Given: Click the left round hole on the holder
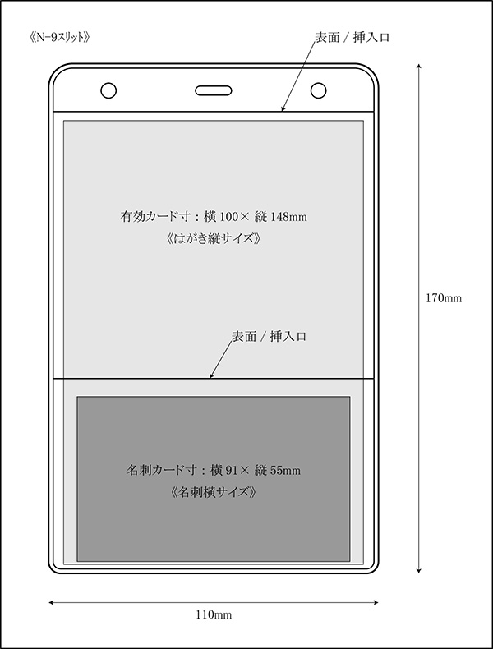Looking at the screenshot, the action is pyautogui.click(x=108, y=90).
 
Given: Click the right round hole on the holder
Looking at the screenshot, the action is pyautogui.click(x=318, y=90).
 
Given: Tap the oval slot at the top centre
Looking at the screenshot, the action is pyautogui.click(x=213, y=90).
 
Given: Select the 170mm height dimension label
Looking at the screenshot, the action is pyautogui.click(x=444, y=298).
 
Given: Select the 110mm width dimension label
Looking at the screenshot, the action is pyautogui.click(x=214, y=615).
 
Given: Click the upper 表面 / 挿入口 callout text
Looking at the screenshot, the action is pyautogui.click(x=352, y=38).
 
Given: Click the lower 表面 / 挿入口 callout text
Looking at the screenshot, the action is pyautogui.click(x=269, y=337).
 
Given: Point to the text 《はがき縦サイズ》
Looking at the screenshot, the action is pyautogui.click(x=214, y=239).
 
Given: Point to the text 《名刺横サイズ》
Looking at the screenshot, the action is pyautogui.click(x=214, y=492).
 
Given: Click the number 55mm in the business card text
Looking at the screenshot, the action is pyautogui.click(x=285, y=471).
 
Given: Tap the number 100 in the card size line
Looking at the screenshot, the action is pyautogui.click(x=228, y=217).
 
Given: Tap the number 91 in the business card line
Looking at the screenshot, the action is pyautogui.click(x=231, y=471).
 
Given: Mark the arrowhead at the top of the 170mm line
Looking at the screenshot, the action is pyautogui.click(x=419, y=67).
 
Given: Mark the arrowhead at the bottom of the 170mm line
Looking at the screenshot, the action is pyautogui.click(x=419, y=570).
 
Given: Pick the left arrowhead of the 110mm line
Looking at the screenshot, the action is pyautogui.click(x=52, y=603).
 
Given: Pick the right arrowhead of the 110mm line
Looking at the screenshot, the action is pyautogui.click(x=375, y=603).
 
